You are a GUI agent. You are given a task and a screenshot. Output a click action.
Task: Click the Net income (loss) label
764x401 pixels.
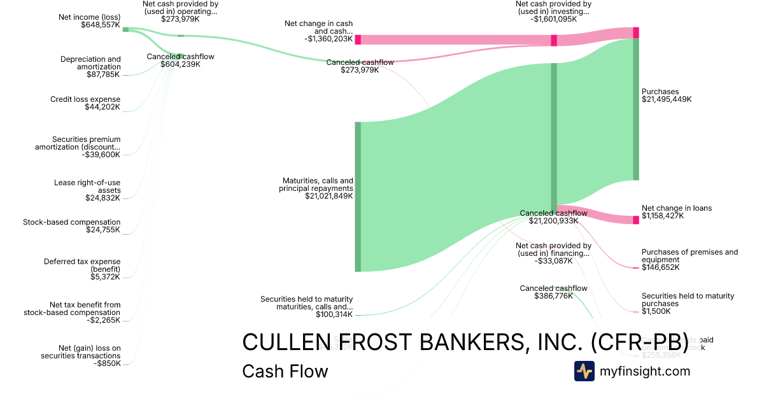pyautogui.click(x=88, y=17)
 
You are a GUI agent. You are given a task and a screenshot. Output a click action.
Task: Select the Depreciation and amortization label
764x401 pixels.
pyautogui.click(x=90, y=63)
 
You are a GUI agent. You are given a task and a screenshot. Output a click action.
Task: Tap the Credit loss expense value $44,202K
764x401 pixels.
pyautogui.click(x=103, y=107)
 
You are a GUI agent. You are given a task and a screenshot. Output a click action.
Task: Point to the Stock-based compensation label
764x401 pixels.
pyautogui.click(x=71, y=222)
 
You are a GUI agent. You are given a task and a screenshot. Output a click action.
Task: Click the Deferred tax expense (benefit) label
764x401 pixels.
pyautogui.click(x=82, y=265)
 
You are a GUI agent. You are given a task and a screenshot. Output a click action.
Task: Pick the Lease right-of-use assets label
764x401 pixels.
pyautogui.click(x=87, y=186)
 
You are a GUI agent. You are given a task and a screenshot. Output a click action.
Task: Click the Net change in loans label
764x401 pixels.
pyautogui.click(x=677, y=208)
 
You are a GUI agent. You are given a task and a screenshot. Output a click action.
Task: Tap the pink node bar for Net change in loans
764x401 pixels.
pyautogui.click(x=635, y=220)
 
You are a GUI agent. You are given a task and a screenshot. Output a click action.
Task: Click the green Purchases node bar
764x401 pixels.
pyautogui.click(x=635, y=109)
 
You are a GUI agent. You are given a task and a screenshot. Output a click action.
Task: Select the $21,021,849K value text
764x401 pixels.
pyautogui.click(x=329, y=196)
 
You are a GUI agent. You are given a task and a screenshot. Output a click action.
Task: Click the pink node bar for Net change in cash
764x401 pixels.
pyautogui.click(x=358, y=39)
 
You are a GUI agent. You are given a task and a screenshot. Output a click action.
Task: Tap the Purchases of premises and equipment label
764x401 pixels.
pyautogui.click(x=690, y=256)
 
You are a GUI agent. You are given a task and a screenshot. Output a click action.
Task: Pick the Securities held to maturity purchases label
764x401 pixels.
pyautogui.click(x=688, y=300)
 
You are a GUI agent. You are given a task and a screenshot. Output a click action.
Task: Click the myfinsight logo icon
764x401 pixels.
pyautogui.click(x=584, y=371)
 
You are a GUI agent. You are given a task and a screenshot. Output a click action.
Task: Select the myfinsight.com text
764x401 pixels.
pyautogui.click(x=645, y=371)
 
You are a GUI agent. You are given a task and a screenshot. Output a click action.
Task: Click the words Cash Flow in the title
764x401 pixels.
pyautogui.click(x=285, y=372)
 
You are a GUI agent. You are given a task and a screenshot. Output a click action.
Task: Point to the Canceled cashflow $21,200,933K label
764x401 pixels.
pyautogui.click(x=553, y=216)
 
